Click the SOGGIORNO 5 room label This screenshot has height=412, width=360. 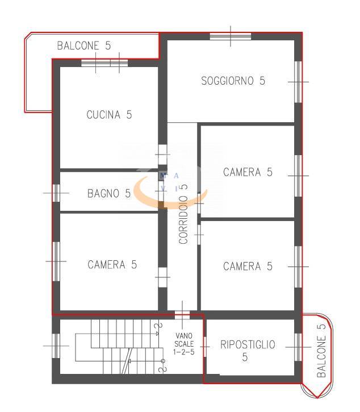click(233, 81)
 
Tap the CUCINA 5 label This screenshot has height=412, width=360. click(109, 115)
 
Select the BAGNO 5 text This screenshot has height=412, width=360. click(108, 193)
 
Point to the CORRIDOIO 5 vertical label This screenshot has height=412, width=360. click(183, 214)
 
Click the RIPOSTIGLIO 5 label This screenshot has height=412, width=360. click(248, 351)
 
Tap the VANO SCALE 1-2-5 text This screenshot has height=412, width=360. click(184, 344)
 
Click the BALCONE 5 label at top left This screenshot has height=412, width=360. click(84, 45)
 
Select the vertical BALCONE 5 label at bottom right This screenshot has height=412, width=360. click(321, 351)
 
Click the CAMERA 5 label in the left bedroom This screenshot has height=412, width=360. click(112, 265)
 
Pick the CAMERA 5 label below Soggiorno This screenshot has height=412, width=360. click(248, 172)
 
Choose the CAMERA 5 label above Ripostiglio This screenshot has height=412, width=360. click(248, 266)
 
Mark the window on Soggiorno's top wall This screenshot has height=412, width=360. click(231, 36)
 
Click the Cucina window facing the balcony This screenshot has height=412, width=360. click(104, 63)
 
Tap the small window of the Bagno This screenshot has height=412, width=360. click(56, 193)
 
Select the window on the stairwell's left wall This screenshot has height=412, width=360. click(56, 346)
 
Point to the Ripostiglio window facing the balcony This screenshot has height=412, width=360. click(298, 347)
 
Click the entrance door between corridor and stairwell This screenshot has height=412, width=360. click(182, 315)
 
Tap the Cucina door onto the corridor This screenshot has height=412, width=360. click(163, 155)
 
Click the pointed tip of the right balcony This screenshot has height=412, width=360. click(317, 398)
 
